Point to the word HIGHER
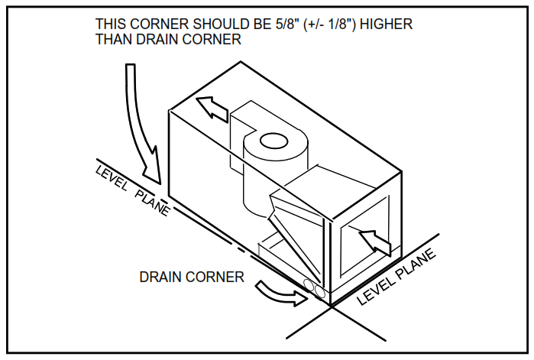(x=385, y=24)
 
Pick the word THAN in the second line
(x=113, y=40)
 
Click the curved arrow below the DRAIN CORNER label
(x=277, y=293)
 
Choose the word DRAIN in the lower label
(x=163, y=277)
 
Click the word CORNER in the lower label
(x=217, y=277)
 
